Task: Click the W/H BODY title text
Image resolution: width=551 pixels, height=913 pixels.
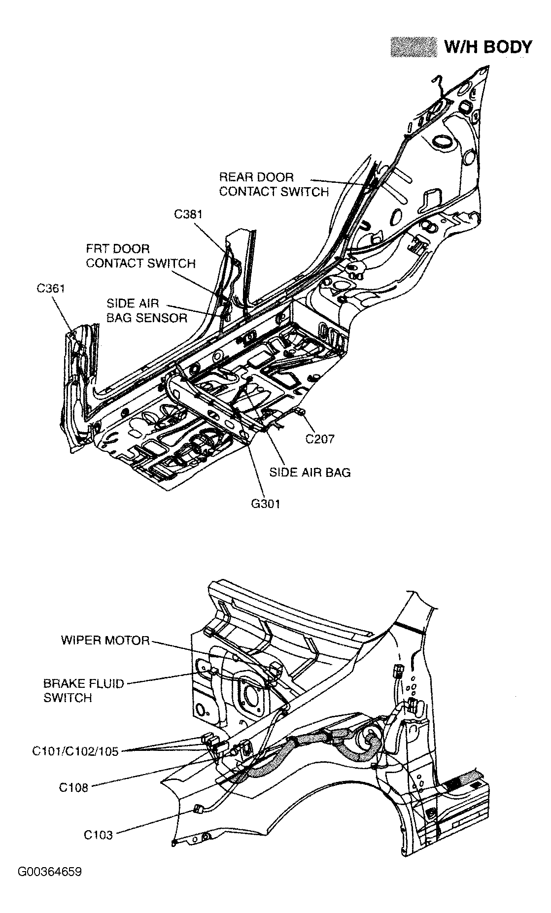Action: [x=487, y=47]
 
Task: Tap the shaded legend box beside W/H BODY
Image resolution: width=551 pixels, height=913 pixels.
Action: [x=413, y=47]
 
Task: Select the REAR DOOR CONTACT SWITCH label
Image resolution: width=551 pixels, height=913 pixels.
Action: [x=274, y=185]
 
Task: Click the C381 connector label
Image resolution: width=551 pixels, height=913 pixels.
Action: [x=188, y=214]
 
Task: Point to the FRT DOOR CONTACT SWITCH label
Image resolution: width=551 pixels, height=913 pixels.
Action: [x=140, y=256]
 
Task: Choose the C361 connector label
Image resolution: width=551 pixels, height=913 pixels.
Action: [x=51, y=289]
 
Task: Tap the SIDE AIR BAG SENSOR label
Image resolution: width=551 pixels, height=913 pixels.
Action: [x=147, y=311]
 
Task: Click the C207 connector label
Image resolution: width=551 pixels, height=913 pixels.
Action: [x=319, y=439]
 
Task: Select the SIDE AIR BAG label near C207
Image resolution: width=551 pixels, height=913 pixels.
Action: [x=310, y=472]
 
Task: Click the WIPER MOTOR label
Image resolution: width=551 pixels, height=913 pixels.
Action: [x=105, y=641]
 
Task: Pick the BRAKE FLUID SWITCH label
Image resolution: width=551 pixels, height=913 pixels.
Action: [x=83, y=691]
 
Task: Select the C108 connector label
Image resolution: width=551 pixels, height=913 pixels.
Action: [x=73, y=787]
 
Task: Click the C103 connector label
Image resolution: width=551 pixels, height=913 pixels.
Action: [x=98, y=835]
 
